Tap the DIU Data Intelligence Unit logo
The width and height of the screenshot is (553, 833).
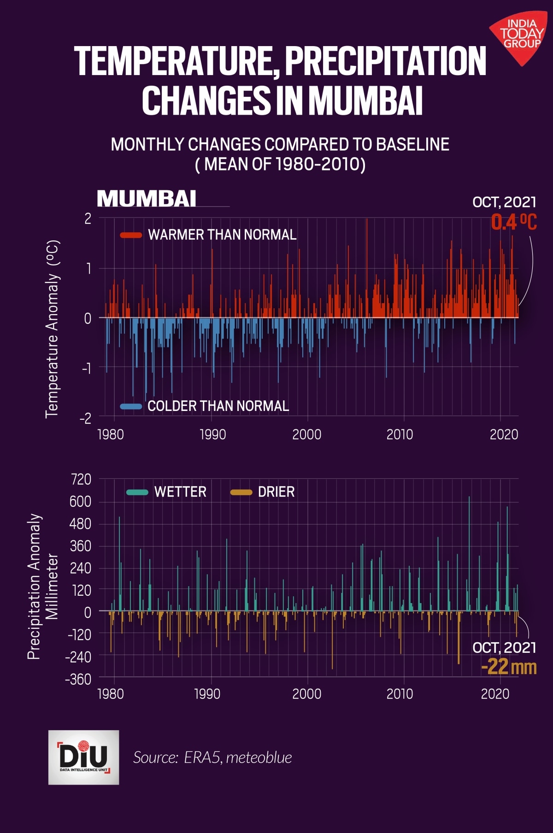point(83,757)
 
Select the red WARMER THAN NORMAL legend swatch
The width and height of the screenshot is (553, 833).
point(131,235)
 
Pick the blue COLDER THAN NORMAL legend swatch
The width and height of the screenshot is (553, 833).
point(131,406)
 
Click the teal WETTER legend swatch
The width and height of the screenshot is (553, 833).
point(137,492)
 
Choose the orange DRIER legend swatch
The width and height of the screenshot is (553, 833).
point(241,492)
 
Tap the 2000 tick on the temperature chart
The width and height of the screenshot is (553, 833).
point(307,434)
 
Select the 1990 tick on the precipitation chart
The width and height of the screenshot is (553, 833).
point(207,694)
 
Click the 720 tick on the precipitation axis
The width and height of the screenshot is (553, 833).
point(81,479)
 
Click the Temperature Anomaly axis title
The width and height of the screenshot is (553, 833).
point(52,329)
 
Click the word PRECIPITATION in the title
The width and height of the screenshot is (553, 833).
point(386,61)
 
